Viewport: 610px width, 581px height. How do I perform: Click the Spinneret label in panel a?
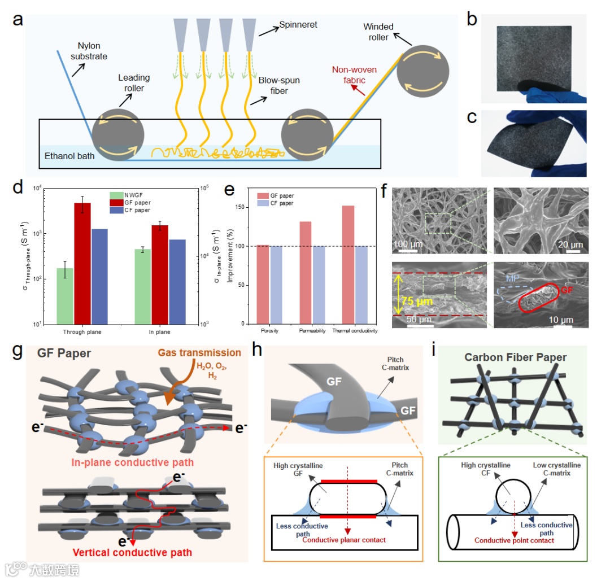(298, 25)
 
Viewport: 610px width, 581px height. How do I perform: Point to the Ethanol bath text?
(69, 155)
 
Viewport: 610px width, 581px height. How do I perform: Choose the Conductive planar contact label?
(344, 540)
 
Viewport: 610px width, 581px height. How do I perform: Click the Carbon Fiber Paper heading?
(516, 357)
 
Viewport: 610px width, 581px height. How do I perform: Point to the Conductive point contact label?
(514, 540)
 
